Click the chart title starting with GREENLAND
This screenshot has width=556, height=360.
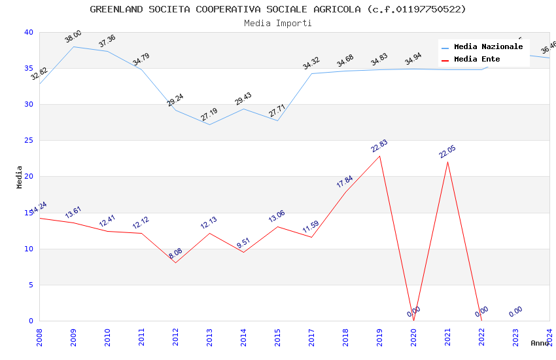pos(278,9)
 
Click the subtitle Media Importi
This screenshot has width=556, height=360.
pos(278,23)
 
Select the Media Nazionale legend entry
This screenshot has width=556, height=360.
pos(488,47)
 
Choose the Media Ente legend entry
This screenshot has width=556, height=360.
pos(477,60)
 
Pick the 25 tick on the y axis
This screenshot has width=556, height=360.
pos(29,141)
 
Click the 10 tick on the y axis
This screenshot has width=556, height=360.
pos(29,249)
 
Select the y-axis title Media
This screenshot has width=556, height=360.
pos(20,177)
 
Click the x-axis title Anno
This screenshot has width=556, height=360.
pos(540,343)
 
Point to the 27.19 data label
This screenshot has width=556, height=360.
pos(209,115)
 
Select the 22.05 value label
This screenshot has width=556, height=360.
pos(447,152)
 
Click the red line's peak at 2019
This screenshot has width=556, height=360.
pos(379,156)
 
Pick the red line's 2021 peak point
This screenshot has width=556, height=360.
pos(447,162)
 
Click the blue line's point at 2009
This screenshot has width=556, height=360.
pos(73,46)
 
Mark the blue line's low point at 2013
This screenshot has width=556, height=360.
pos(209,124)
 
